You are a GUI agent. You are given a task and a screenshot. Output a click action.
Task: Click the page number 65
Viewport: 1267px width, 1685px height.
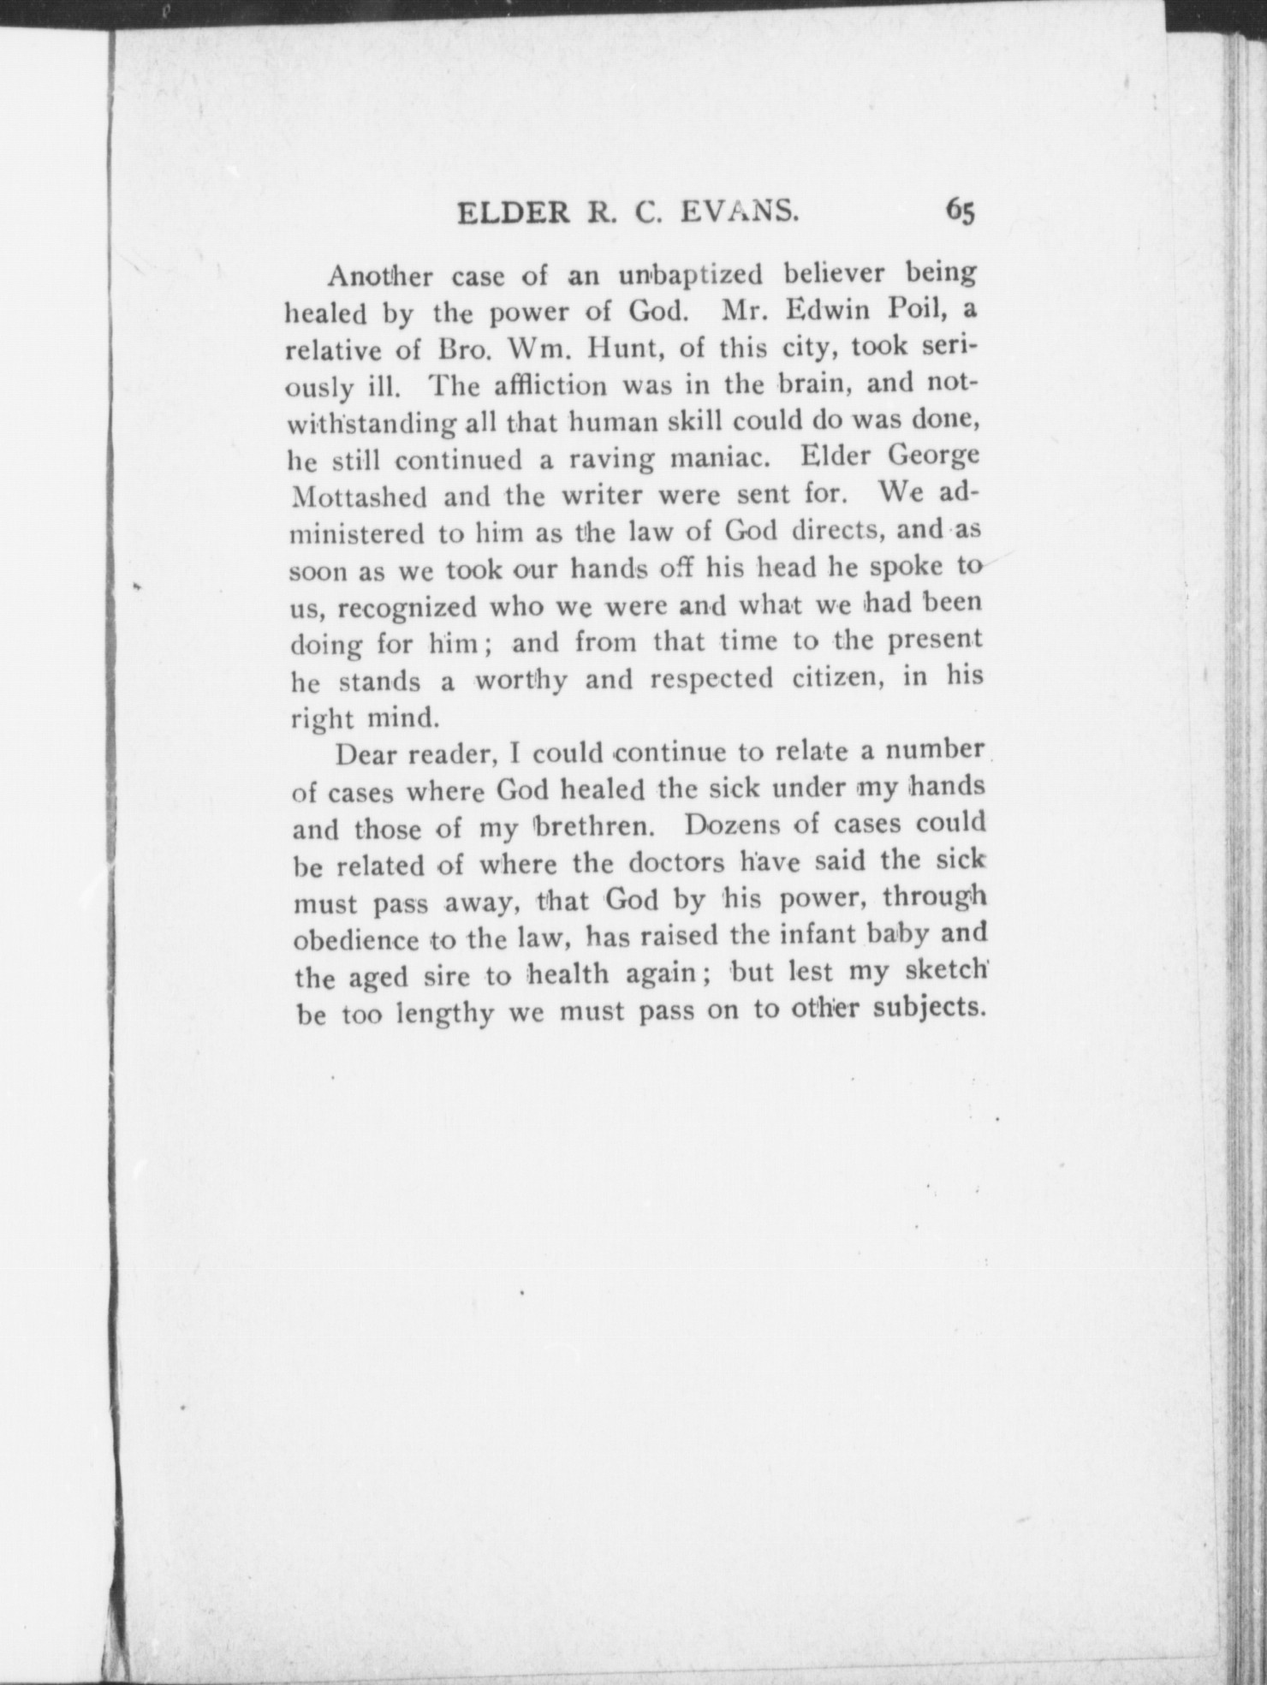click(960, 211)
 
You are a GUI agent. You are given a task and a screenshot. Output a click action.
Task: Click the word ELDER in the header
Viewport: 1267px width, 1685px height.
click(513, 212)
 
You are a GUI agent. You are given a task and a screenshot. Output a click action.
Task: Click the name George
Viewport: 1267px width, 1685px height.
click(934, 457)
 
